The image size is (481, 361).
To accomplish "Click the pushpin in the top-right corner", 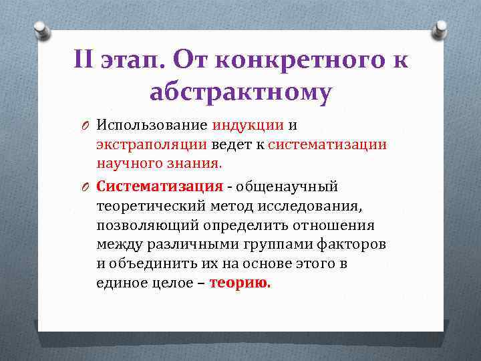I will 440,29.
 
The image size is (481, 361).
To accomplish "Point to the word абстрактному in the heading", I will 240,94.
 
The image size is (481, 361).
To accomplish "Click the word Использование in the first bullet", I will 152,125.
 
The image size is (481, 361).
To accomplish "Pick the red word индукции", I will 245,125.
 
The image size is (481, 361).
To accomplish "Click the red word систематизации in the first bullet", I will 328,144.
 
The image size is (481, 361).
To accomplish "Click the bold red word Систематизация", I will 159,187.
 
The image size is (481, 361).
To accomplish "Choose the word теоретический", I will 151,206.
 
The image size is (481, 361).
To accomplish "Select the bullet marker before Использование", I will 86,126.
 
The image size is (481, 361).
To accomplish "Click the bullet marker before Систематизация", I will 86,187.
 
